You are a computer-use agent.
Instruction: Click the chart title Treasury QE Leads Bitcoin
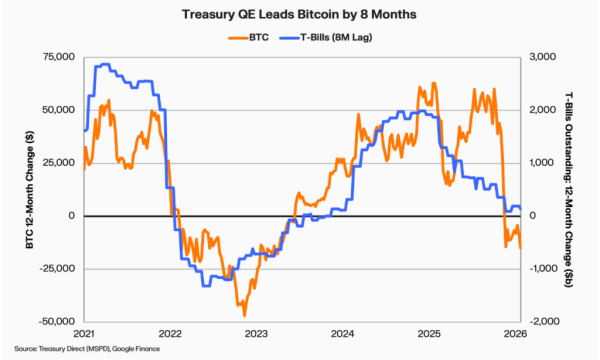(x=301, y=15)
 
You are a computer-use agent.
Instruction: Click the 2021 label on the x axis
(x=84, y=333)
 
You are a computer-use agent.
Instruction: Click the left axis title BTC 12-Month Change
(x=14, y=189)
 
